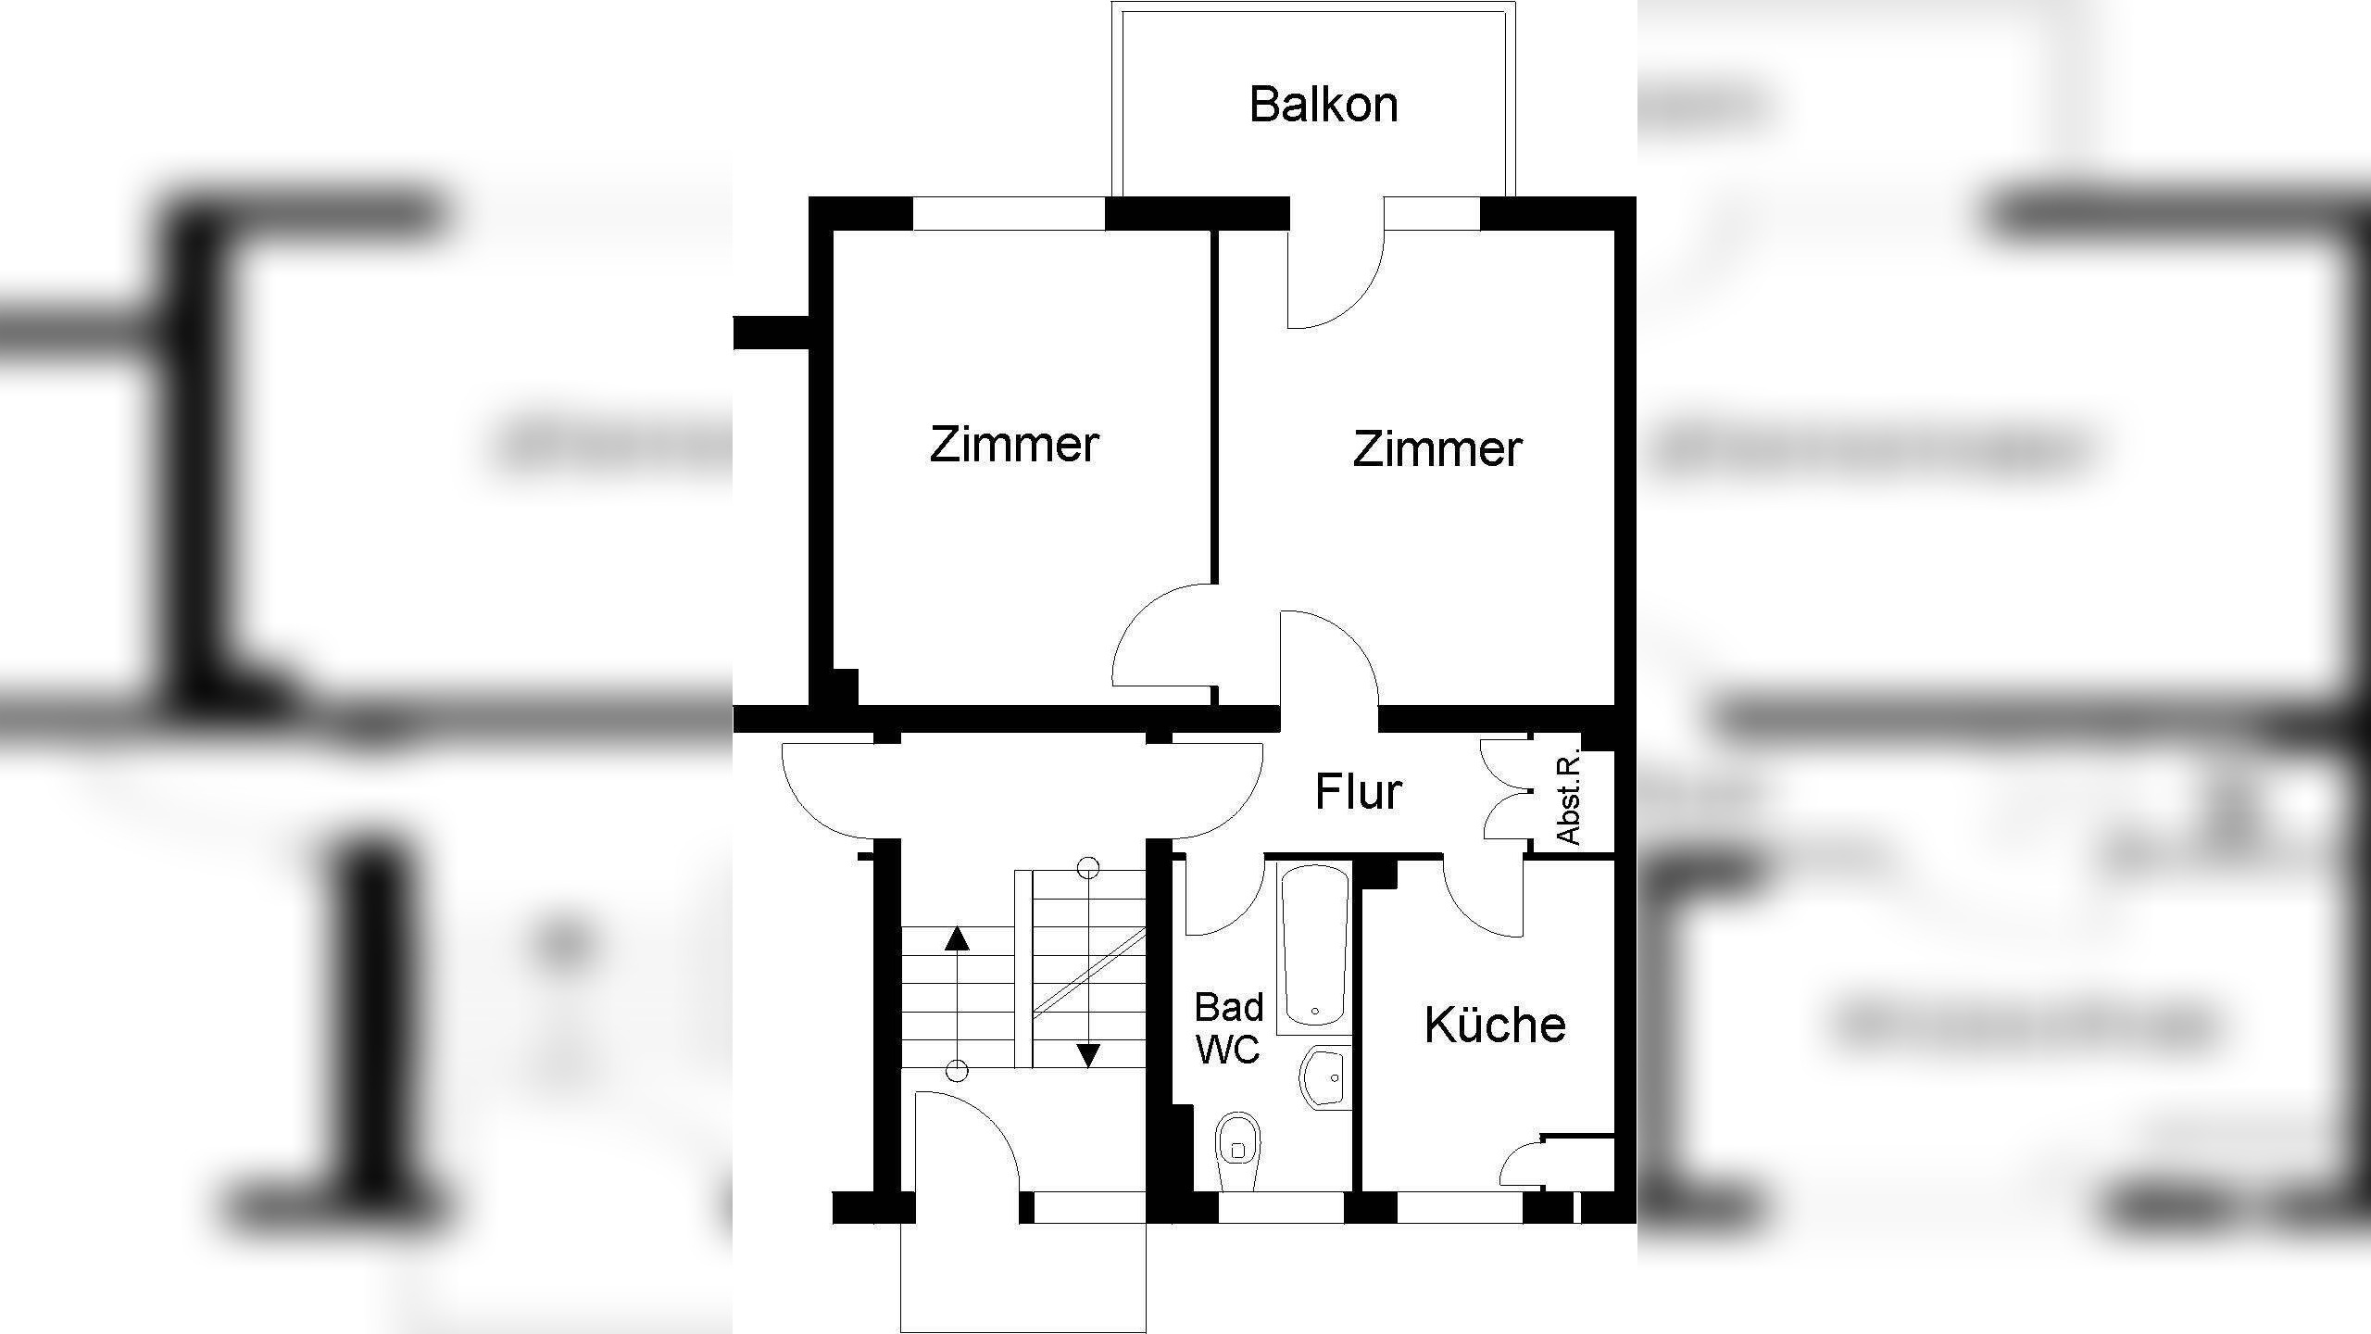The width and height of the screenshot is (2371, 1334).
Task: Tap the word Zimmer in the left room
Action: [1013, 444]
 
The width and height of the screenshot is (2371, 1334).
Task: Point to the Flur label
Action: [1358, 792]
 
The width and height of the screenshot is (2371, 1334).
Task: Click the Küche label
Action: [1495, 1025]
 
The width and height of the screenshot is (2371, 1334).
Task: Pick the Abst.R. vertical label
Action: [1569, 798]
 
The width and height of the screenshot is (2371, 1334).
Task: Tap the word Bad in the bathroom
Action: [1229, 1007]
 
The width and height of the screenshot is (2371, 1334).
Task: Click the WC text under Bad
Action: [1228, 1050]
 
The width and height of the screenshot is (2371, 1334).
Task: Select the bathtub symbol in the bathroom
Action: [1313, 945]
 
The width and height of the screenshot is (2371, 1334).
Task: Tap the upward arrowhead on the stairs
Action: [957, 939]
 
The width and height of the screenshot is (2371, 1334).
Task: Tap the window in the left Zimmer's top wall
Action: [1010, 213]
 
